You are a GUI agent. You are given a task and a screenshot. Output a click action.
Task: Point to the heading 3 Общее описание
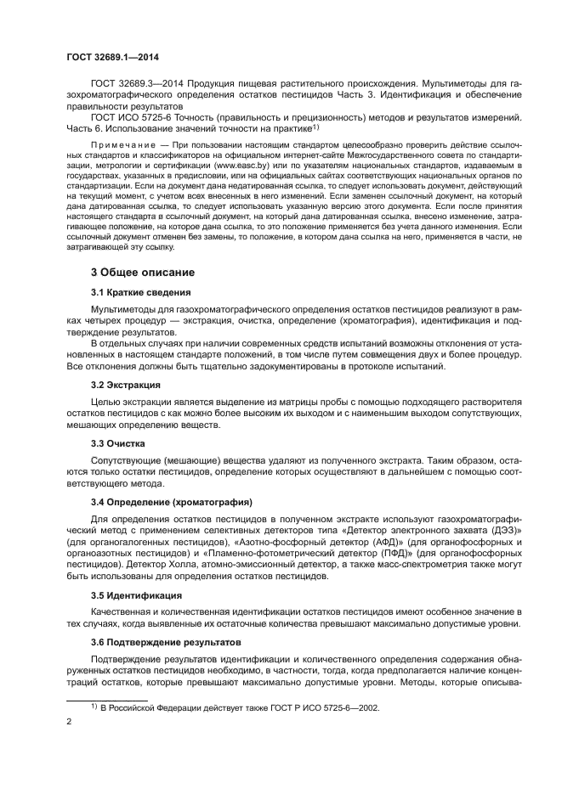point(143,273)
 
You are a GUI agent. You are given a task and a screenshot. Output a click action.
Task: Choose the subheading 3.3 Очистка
point(118,442)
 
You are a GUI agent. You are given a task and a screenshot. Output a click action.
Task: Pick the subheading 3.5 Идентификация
point(136,594)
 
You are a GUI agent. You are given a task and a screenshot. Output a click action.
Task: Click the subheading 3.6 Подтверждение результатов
point(166,642)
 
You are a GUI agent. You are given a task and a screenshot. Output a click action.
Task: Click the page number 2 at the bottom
point(70,722)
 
